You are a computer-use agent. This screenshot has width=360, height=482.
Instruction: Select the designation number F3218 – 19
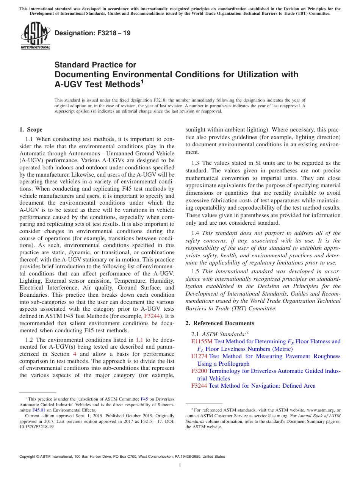92,33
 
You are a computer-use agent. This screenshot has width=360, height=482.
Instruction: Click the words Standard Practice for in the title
95,65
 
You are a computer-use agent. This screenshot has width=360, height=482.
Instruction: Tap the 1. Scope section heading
31,130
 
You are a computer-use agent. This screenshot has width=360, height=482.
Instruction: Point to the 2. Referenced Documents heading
220,323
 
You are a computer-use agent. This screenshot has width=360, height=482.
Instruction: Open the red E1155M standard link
202,341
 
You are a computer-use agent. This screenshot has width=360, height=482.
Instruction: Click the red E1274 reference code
199,356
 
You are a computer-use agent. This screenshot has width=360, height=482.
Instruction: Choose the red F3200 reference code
199,371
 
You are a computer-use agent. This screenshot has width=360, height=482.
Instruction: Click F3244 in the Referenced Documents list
199,386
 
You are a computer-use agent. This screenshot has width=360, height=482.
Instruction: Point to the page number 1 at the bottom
180,466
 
